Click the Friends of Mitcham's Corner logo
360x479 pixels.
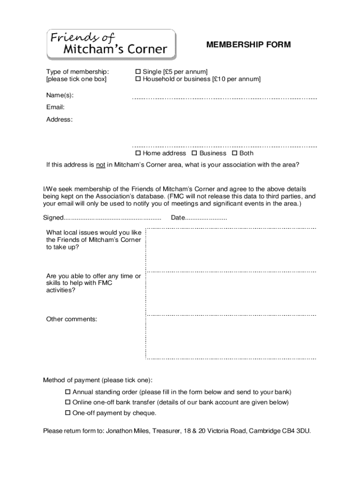[x=111, y=44]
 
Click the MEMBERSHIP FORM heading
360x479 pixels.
[x=248, y=45]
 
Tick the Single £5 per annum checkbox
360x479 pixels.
[x=138, y=72]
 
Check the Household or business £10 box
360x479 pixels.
[x=138, y=79]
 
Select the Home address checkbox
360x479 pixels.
[x=138, y=153]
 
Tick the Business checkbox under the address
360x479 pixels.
[x=194, y=153]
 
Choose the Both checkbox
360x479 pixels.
[x=234, y=153]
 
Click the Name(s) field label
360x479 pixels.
[x=59, y=95]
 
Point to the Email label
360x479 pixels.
[x=55, y=107]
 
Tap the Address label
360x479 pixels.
[x=59, y=119]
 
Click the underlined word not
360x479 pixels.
[x=101, y=165]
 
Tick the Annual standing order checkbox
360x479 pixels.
[x=67, y=392]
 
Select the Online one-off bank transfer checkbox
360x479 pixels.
[x=67, y=402]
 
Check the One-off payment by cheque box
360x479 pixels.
[x=67, y=413]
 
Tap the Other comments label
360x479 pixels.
[x=72, y=319]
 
